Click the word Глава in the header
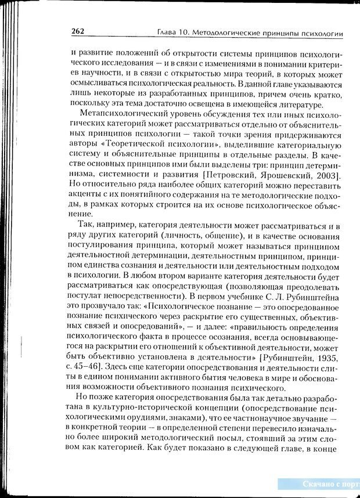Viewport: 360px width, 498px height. pyautogui.click(x=168, y=33)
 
